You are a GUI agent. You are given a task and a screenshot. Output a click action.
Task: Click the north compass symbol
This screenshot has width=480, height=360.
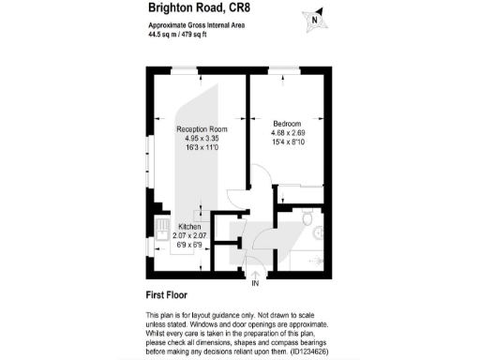(316, 18)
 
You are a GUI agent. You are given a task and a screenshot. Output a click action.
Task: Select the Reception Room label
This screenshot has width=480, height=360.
(202, 129)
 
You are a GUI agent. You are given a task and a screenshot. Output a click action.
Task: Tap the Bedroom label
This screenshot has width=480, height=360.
(287, 125)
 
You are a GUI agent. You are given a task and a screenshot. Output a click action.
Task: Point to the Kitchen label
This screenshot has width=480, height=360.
(190, 227)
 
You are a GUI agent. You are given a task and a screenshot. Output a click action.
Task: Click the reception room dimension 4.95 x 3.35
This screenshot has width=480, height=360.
(202, 139)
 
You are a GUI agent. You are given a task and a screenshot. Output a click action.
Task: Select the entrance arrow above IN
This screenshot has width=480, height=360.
(255, 273)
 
